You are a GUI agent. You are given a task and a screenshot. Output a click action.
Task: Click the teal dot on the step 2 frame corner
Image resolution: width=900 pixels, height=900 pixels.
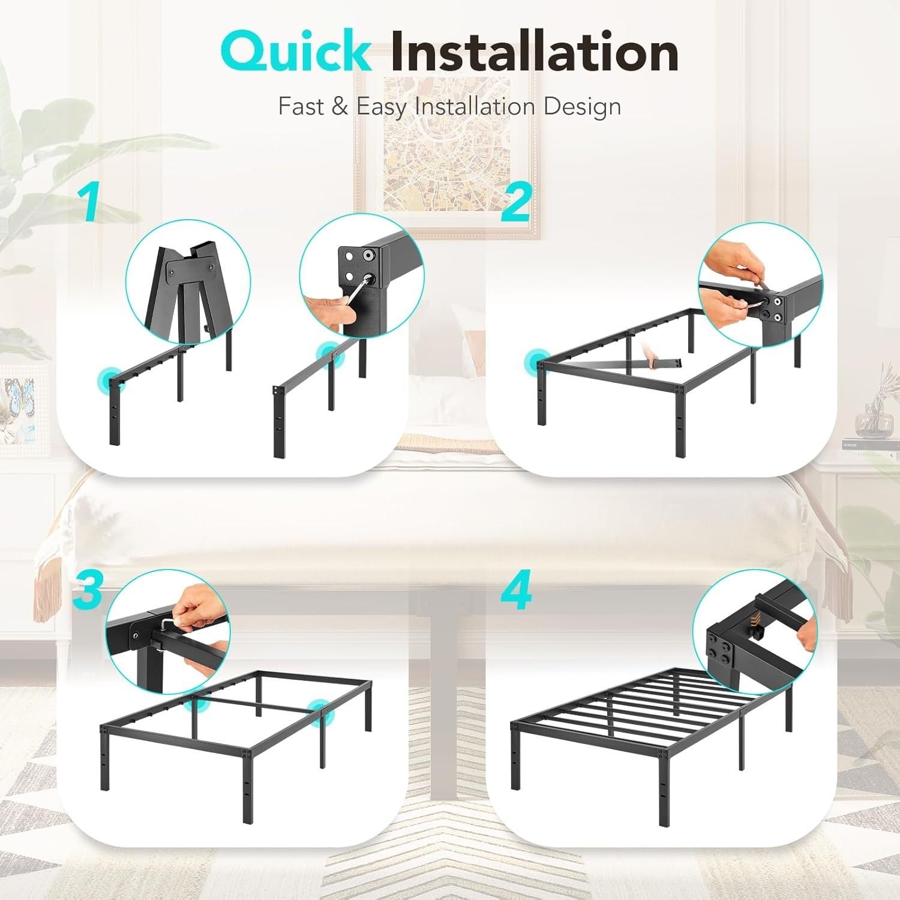[534, 362]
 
